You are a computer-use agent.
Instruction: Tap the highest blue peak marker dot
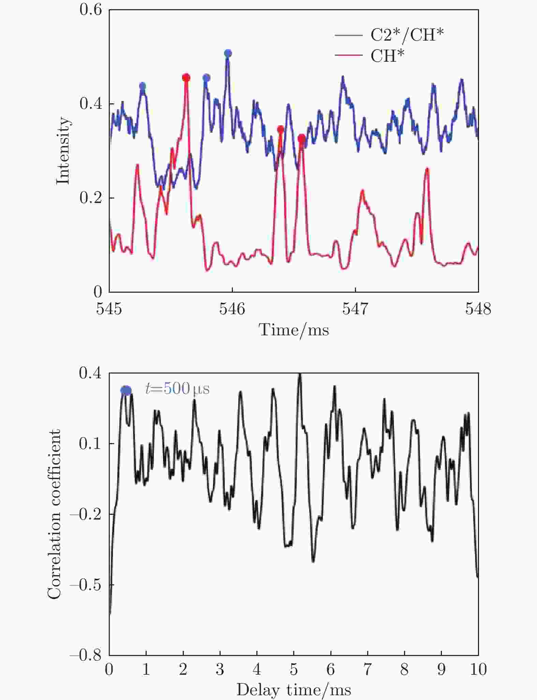228,53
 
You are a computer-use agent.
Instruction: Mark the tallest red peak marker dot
186,78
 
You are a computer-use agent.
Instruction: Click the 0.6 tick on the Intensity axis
91,10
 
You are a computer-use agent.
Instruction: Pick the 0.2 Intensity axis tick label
91,198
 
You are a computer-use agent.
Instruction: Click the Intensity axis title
63,150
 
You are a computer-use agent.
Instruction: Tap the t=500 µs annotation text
177,389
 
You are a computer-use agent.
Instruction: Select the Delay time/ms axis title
294,689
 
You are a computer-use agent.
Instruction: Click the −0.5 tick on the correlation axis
86,585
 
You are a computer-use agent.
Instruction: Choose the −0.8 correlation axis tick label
86,655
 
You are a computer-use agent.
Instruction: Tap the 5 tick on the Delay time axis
294,669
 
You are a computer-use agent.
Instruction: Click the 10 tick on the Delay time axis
478,669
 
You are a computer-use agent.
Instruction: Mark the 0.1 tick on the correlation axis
90,443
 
